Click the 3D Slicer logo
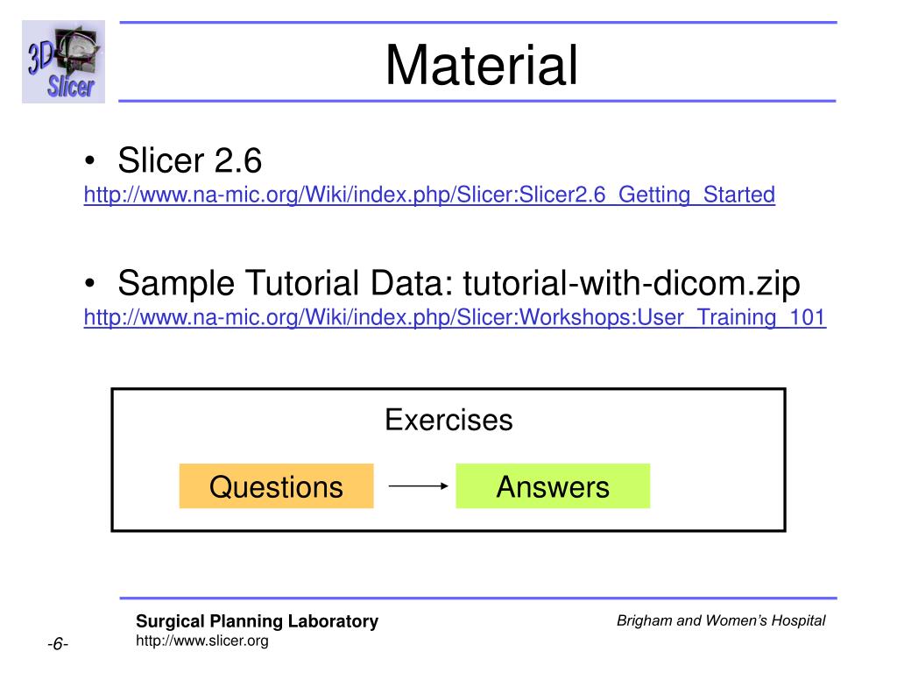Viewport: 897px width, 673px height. tap(63, 62)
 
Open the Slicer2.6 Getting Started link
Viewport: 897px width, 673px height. tap(429, 195)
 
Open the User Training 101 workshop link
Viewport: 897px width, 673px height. tap(455, 317)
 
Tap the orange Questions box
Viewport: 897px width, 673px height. tap(276, 486)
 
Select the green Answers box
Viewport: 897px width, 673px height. tap(553, 486)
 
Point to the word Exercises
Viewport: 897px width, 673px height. tap(448, 421)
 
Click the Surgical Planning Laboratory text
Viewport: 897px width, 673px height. tap(257, 621)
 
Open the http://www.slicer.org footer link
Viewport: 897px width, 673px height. tap(201, 641)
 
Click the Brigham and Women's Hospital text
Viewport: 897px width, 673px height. tap(721, 620)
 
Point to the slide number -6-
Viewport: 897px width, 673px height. tap(58, 644)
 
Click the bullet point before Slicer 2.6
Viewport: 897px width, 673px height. tap(91, 162)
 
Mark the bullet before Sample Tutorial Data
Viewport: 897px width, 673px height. tap(91, 285)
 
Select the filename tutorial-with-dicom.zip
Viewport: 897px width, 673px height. tap(632, 284)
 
